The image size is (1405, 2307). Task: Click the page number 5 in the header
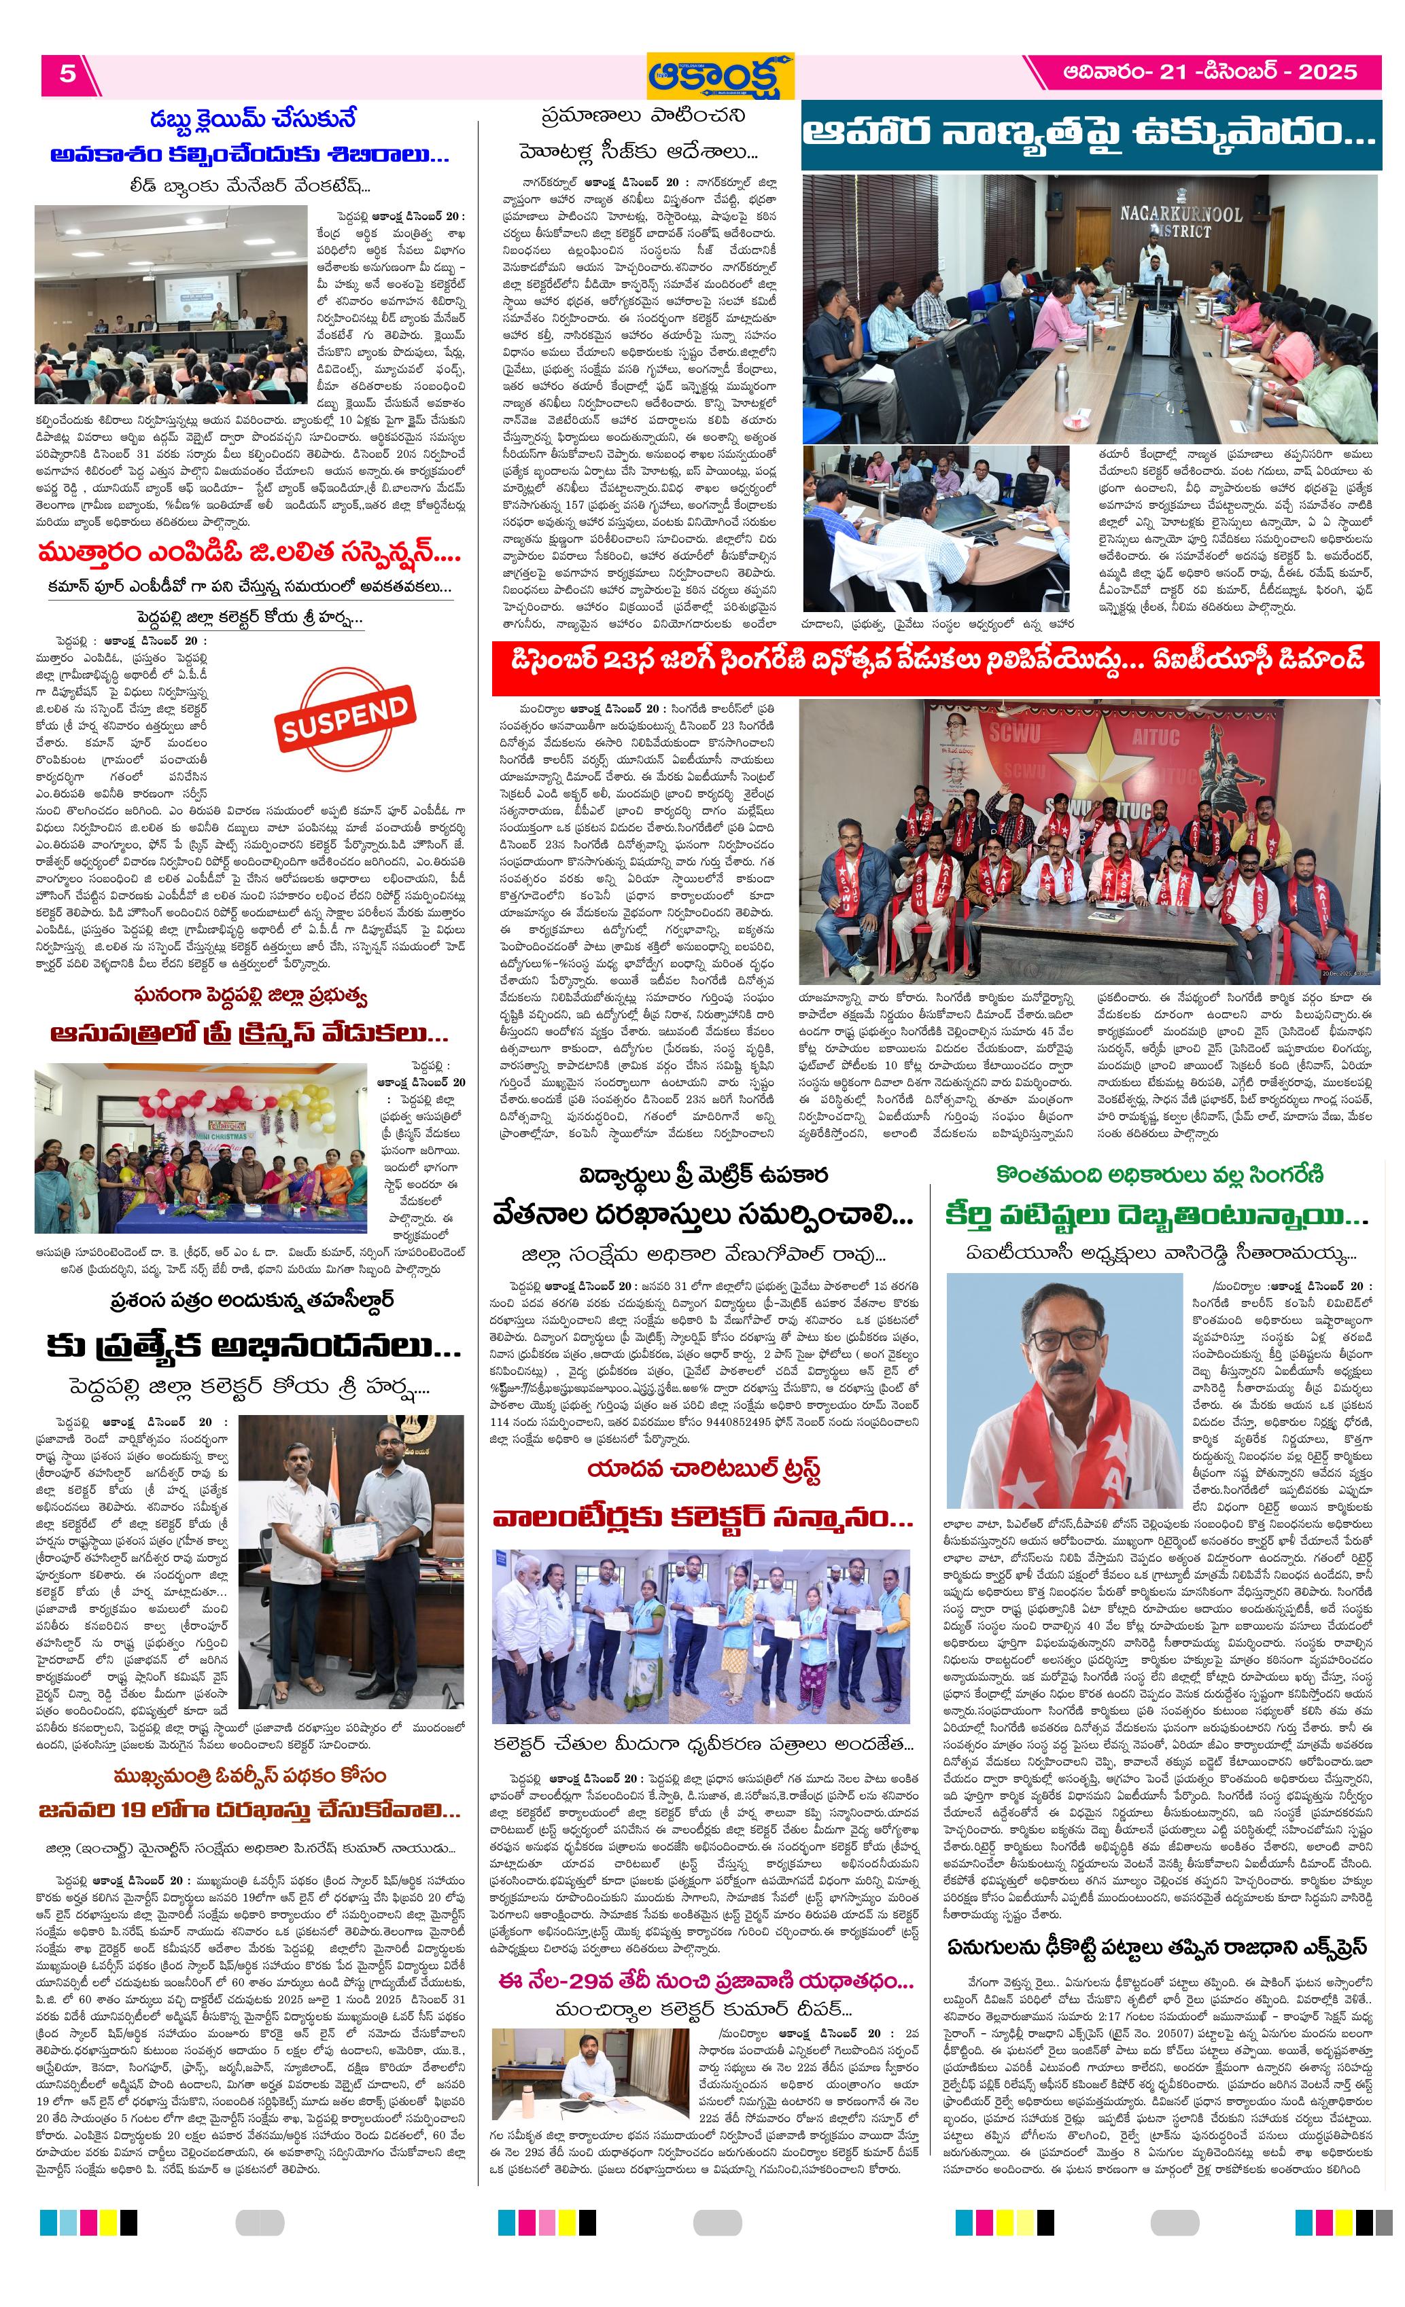pos(67,74)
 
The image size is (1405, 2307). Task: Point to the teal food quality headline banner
pos(1090,134)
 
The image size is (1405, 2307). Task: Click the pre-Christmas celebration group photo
pos(201,1148)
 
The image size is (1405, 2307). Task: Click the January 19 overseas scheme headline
pos(249,1809)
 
